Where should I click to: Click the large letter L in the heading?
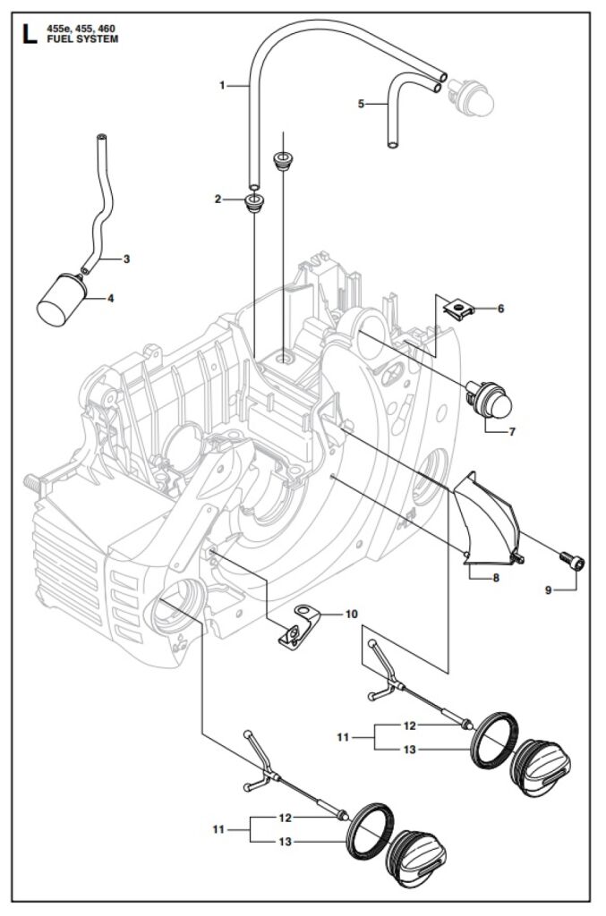(x=30, y=34)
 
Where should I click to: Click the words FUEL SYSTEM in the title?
(x=82, y=39)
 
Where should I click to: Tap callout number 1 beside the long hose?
(x=222, y=86)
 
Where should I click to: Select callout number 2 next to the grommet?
(x=218, y=199)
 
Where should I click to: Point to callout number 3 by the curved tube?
(x=127, y=259)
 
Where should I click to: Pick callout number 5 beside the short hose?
(x=361, y=104)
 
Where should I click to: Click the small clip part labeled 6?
(x=457, y=307)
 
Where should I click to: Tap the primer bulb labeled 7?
(x=489, y=398)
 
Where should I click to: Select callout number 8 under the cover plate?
(x=496, y=579)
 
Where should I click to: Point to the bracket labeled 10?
(x=298, y=625)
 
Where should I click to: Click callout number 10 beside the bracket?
(x=351, y=614)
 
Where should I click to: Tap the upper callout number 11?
(x=343, y=737)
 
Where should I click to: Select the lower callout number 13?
(x=285, y=842)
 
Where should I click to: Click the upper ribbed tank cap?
(x=541, y=767)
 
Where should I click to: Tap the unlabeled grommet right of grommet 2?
(x=284, y=161)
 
